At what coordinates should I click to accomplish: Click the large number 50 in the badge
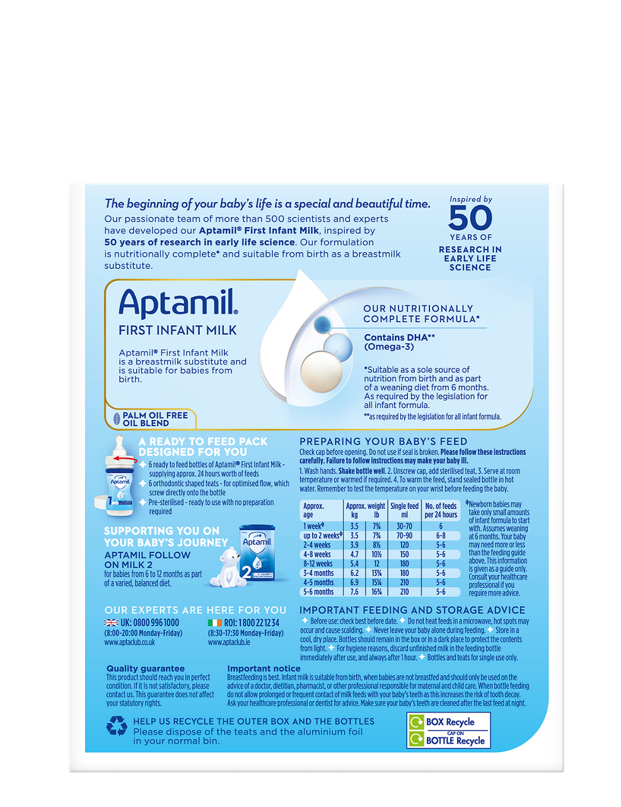click(x=470, y=218)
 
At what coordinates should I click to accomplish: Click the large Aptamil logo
click(x=178, y=303)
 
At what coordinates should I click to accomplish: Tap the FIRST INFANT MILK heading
click(x=178, y=330)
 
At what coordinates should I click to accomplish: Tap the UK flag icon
click(x=111, y=623)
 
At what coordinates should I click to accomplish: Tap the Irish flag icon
click(x=214, y=623)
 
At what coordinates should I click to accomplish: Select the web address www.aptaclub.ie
click(x=229, y=642)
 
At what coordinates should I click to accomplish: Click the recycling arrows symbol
click(x=117, y=726)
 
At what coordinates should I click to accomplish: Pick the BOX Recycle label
click(x=450, y=722)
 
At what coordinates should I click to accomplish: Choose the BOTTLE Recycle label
click(x=455, y=741)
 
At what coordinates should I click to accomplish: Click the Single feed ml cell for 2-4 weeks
click(x=404, y=545)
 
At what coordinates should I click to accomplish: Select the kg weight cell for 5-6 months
click(x=354, y=592)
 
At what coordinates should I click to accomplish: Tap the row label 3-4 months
click(x=318, y=573)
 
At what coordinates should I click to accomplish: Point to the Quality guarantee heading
click(x=146, y=668)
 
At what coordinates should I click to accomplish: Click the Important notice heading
click(x=264, y=668)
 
